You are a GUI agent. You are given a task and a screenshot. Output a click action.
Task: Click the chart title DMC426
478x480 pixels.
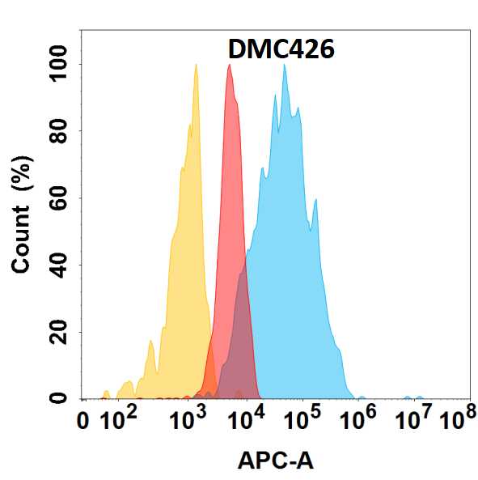pyautogui.click(x=281, y=49)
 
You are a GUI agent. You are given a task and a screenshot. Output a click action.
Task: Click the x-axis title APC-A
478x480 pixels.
pyautogui.click(x=275, y=461)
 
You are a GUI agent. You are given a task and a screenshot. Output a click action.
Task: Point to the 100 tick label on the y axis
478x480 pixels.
pyautogui.click(x=59, y=64)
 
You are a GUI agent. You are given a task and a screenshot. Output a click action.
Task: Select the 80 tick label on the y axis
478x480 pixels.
pyautogui.click(x=59, y=131)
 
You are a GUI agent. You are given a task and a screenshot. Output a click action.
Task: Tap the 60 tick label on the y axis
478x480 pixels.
pyautogui.click(x=59, y=198)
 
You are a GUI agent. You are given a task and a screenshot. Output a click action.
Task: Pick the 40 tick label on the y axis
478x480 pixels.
pyautogui.click(x=59, y=265)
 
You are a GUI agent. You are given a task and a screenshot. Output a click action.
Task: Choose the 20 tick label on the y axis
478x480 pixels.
pyautogui.click(x=59, y=332)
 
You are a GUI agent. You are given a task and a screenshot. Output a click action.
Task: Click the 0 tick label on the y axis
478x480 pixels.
pyautogui.click(x=59, y=398)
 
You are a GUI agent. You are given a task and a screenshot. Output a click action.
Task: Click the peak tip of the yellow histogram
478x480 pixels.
pyautogui.click(x=196, y=65)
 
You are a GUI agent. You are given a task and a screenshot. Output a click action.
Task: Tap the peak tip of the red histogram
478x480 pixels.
pyautogui.click(x=230, y=65)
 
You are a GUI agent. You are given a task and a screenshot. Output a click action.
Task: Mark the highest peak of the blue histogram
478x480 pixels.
pyautogui.click(x=284, y=65)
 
